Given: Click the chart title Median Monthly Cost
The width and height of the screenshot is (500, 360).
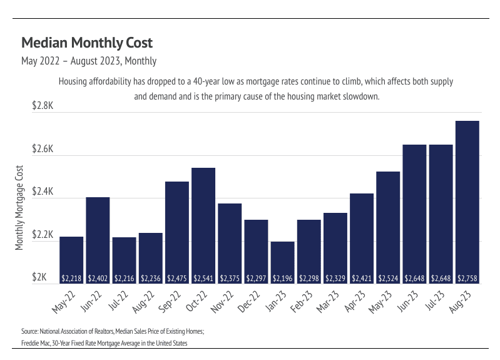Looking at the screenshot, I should pyautogui.click(x=87, y=43).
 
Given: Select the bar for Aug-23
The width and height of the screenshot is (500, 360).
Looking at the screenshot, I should pyautogui.click(x=467, y=200).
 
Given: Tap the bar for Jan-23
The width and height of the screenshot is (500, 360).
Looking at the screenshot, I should pyautogui.click(x=282, y=260).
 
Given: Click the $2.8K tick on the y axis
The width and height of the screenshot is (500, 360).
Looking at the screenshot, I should pyautogui.click(x=43, y=106).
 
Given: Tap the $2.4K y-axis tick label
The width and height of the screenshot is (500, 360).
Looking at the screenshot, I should pyautogui.click(x=43, y=193).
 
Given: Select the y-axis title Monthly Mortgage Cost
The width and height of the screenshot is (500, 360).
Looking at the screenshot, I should pyautogui.click(x=19, y=208).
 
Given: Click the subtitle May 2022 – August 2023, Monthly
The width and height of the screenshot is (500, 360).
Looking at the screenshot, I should pyautogui.click(x=89, y=61).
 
